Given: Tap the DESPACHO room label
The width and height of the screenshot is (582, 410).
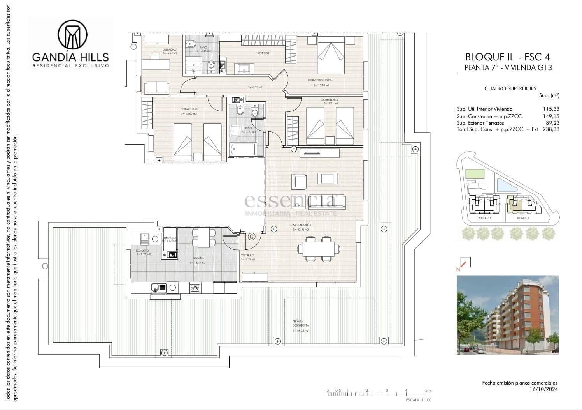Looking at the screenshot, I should (x=170, y=50).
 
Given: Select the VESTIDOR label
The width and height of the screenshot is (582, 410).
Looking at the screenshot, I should (x=263, y=53).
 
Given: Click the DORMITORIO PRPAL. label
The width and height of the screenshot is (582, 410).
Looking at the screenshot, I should (x=320, y=80).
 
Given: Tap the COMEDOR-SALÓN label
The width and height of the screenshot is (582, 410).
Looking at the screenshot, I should (x=300, y=225).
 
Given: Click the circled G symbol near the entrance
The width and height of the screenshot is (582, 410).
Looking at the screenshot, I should (x=252, y=237).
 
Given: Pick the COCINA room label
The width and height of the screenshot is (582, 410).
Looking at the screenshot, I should (x=198, y=258).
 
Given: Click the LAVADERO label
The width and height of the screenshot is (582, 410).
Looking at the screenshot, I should (x=142, y=251).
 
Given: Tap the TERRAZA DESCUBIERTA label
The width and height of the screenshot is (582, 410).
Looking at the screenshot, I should (x=300, y=323).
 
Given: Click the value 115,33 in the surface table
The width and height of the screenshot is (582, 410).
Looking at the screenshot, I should (x=551, y=109).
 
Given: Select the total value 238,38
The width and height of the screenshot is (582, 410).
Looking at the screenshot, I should (x=551, y=129).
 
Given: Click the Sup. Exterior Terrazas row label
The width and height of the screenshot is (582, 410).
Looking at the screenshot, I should (x=480, y=123).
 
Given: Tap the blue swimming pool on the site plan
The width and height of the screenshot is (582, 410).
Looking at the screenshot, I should (x=507, y=185).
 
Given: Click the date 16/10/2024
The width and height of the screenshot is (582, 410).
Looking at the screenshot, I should (x=543, y=389).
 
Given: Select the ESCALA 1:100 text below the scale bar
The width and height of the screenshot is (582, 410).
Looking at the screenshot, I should (x=419, y=400).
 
